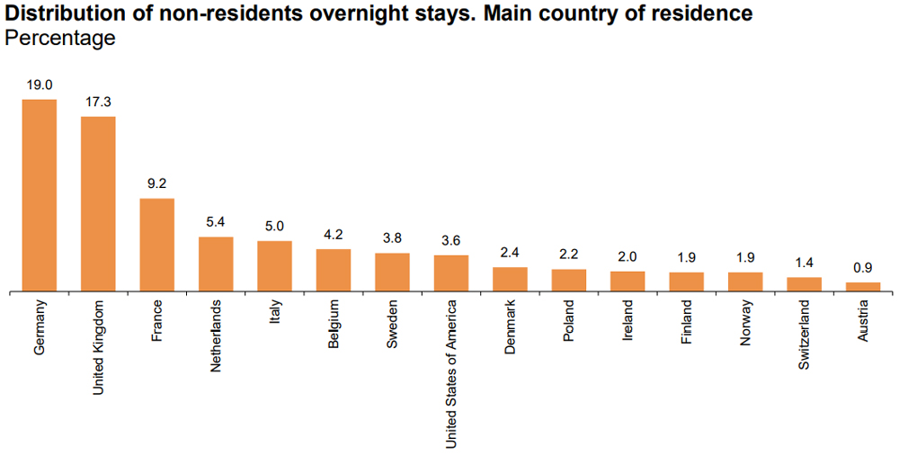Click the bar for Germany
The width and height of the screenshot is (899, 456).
40,195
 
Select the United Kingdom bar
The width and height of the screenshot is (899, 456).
98,204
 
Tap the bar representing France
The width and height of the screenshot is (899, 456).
157,245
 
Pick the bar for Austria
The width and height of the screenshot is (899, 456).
863,287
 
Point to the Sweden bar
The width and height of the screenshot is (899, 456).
392,273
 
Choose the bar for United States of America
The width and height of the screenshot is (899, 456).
451,273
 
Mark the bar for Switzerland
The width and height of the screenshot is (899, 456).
805,284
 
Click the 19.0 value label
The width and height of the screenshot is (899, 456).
40,85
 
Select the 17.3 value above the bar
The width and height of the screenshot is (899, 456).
98,102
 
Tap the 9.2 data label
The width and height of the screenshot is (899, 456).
157,183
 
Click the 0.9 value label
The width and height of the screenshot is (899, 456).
863,267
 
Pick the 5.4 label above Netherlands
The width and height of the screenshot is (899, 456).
216,222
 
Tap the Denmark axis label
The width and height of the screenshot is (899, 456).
510,326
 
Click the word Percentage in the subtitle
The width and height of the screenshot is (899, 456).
60,38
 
